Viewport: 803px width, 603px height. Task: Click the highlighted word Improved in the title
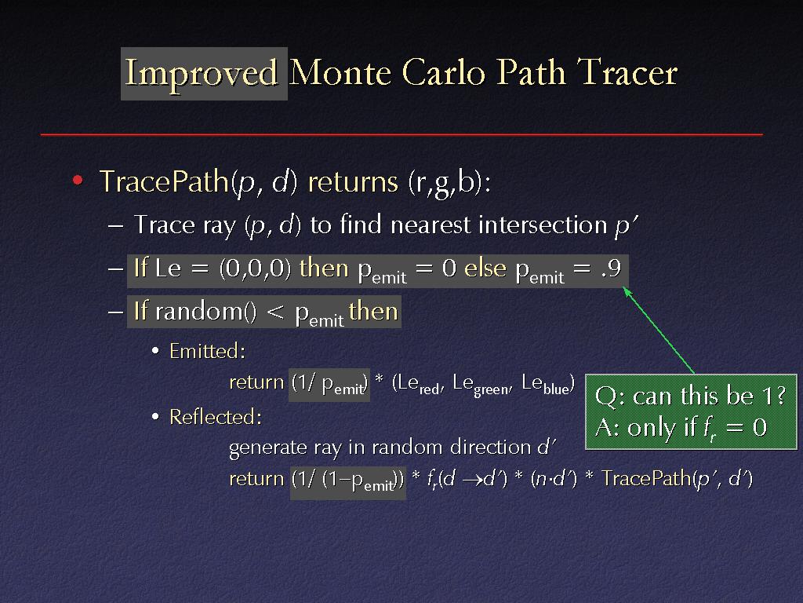202,73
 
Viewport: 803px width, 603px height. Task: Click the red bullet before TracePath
78,180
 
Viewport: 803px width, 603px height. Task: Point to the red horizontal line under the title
401,134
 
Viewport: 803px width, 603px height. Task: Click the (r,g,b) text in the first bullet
449,182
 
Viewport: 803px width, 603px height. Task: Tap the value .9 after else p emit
611,268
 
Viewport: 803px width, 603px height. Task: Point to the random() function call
206,311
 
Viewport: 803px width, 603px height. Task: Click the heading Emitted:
207,351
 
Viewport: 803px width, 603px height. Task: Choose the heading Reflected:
216,417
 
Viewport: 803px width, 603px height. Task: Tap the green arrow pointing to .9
659,331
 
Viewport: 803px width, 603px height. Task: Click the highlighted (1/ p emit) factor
329,384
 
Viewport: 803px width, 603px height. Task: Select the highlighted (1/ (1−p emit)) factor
347,481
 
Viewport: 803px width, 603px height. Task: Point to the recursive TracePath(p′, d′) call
677,478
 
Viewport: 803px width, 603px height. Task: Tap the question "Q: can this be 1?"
690,396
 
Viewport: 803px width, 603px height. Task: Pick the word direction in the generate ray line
491,447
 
